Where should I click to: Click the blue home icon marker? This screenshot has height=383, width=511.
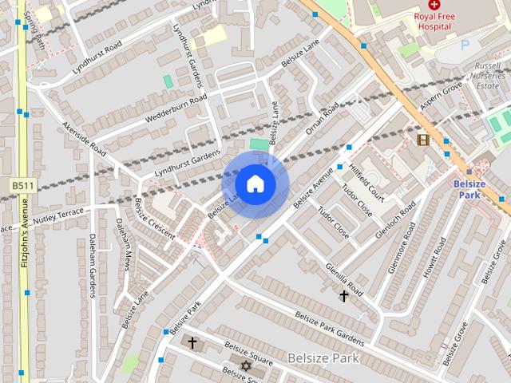(x=255, y=184)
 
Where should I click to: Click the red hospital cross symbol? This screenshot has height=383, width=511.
(x=434, y=5)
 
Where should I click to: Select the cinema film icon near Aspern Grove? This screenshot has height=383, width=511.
(x=422, y=140)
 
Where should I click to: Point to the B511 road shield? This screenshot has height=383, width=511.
(x=22, y=185)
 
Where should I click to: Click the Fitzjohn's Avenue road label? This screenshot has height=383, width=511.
(x=25, y=239)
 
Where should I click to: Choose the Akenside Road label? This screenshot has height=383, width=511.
(x=85, y=138)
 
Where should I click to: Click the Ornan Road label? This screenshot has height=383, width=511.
(x=321, y=118)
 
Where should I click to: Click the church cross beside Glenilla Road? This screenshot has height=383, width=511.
(x=344, y=296)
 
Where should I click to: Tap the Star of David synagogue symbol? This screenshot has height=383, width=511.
(x=245, y=366)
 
